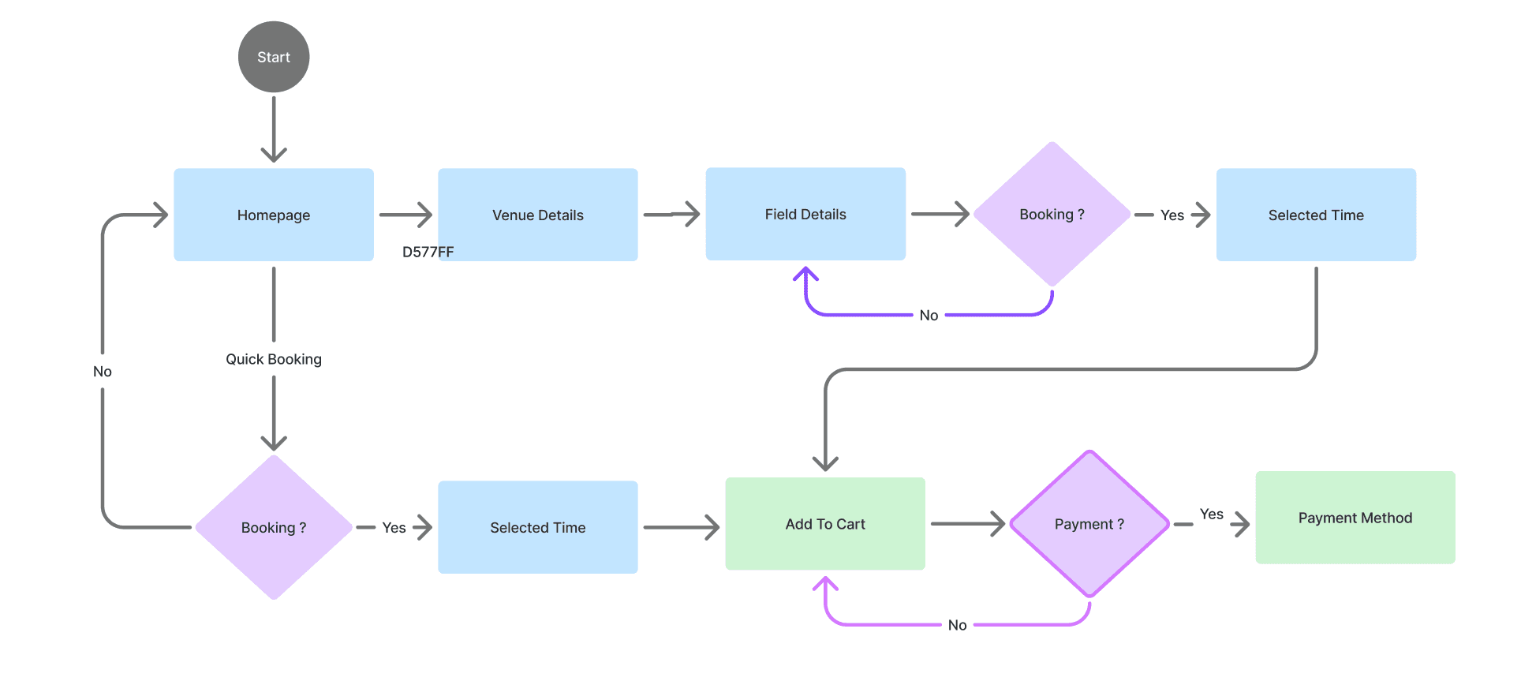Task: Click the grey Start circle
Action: click(x=274, y=57)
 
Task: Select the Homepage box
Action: click(x=274, y=215)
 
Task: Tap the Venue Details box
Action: click(x=538, y=215)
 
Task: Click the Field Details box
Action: click(x=805, y=214)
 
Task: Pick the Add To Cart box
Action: click(x=825, y=524)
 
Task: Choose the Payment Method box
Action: click(x=1355, y=518)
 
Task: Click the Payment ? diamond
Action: click(x=1089, y=524)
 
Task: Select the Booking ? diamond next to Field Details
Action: click(x=1052, y=214)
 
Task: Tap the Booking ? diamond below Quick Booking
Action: click(x=274, y=527)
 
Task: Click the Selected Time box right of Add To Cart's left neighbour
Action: click(x=538, y=527)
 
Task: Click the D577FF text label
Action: click(x=428, y=252)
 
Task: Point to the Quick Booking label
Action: click(x=274, y=359)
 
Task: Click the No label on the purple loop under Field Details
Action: click(x=929, y=316)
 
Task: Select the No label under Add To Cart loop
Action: click(x=957, y=625)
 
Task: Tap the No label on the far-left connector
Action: click(x=103, y=371)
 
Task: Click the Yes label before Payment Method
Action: click(x=1212, y=515)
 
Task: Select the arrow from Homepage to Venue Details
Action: click(x=405, y=215)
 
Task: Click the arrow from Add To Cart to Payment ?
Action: click(x=967, y=523)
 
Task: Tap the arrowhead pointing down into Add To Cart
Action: click(x=825, y=464)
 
